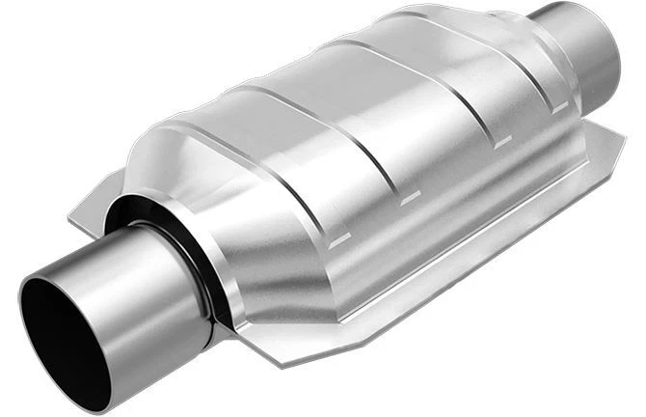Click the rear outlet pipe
579,48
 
